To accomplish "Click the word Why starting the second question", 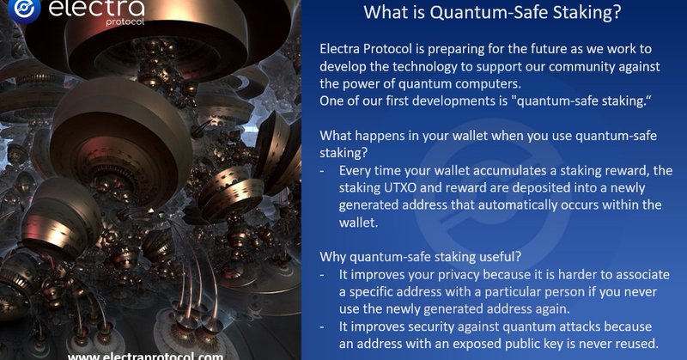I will (333, 257).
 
